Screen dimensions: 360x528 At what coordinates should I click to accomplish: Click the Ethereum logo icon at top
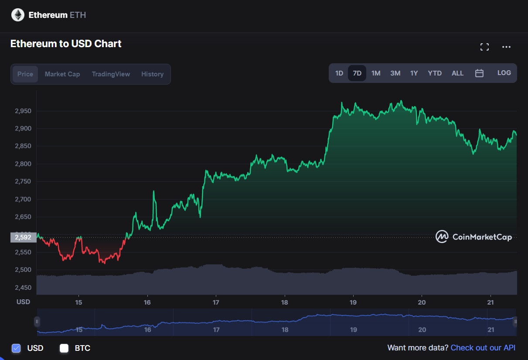[18, 15]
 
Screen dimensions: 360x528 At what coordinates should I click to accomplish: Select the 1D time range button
[339, 73]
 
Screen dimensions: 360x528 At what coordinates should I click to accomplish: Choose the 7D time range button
[357, 73]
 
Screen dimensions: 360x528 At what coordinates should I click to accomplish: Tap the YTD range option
[435, 73]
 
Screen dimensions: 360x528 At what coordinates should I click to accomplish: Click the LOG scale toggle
[504, 73]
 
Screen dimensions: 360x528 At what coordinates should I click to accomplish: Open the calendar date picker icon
[479, 73]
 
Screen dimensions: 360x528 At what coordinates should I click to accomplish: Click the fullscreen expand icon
[484, 47]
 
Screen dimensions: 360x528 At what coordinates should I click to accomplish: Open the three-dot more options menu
[506, 47]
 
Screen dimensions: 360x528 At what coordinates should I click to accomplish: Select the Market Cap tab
[62, 74]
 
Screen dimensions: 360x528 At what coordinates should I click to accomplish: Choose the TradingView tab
[111, 74]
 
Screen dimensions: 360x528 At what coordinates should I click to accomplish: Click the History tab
[152, 74]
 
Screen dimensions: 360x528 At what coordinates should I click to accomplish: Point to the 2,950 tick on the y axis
[23, 111]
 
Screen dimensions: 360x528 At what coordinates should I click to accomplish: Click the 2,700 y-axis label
[23, 199]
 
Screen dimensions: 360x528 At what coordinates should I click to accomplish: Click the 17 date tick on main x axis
[216, 302]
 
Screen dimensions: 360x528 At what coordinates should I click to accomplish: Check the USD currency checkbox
[16, 348]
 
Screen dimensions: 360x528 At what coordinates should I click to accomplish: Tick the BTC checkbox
[64, 348]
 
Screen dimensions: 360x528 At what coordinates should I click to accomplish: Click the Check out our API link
[483, 348]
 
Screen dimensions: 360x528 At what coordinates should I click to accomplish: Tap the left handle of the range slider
[37, 322]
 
